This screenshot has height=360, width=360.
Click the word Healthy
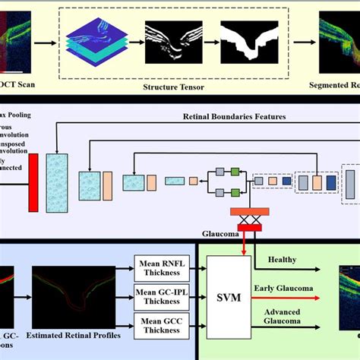281,259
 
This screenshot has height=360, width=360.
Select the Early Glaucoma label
290,288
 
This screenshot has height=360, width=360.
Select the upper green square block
235,170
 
